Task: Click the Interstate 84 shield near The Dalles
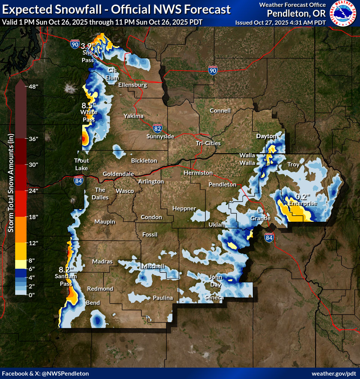pos(78,181)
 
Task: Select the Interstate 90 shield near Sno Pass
pos(75,44)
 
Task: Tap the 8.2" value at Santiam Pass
pos(66,269)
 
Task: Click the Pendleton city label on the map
pos(222,185)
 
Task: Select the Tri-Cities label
pos(208,143)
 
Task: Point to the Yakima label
pos(133,116)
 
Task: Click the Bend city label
pos(93,303)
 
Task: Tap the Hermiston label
pos(198,172)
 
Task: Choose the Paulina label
pos(163,298)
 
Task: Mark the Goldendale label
pos(118,174)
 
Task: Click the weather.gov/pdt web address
pos(333,374)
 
